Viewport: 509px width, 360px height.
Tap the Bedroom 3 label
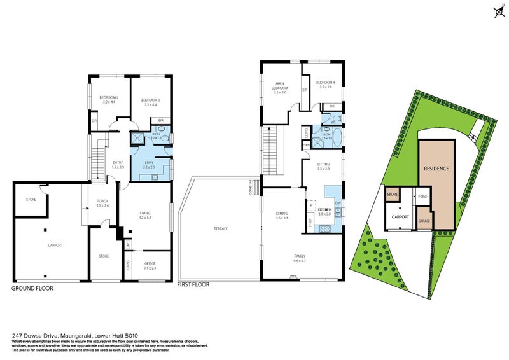150,100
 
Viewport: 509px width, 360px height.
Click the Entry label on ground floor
118,163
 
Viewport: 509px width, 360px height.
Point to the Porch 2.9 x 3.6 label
102,204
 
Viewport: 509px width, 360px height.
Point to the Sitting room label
324,166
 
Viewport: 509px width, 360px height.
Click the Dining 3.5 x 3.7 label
281,215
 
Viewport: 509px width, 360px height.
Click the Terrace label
220,229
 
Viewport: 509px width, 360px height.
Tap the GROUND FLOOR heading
32,288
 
